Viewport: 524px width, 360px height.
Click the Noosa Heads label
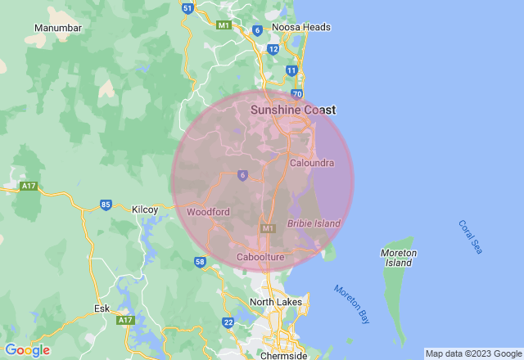pos(301,27)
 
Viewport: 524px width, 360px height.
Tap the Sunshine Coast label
pos(293,110)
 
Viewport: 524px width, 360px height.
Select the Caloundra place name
pos(312,163)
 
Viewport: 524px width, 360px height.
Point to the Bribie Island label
pos(314,223)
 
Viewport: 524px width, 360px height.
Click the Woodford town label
pos(208,212)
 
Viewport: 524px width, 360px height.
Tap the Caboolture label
pos(260,258)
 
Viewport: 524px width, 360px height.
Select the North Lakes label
pos(276,302)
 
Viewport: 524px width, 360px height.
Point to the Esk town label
pos(102,308)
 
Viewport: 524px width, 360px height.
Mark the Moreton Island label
pos(400,258)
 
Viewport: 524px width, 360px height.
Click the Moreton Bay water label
pos(351,301)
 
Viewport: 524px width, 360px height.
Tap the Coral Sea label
pos(470,237)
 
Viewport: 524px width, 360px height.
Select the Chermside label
pos(282,356)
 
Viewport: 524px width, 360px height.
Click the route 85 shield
pos(106,205)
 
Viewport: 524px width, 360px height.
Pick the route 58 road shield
pos(200,262)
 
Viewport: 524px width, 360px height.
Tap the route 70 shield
pos(297,94)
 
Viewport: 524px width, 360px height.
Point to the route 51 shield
pos(187,8)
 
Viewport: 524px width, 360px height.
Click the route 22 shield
pos(228,322)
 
